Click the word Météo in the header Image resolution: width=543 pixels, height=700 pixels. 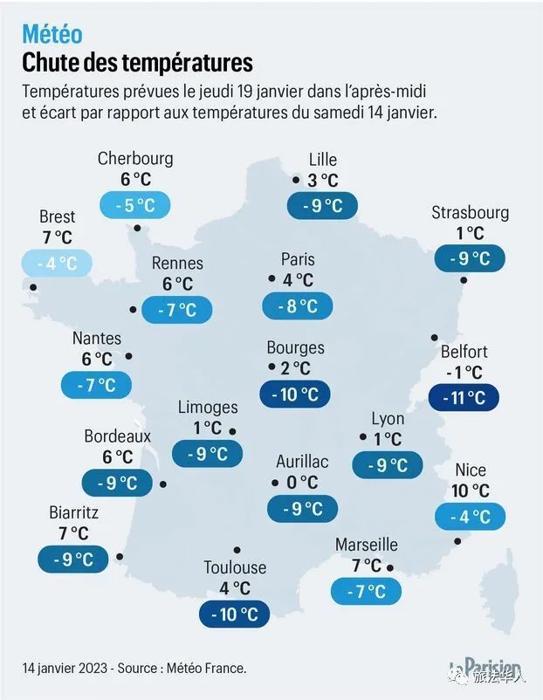point(52,34)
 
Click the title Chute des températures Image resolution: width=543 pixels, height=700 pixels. point(137,63)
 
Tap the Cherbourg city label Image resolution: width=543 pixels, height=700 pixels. point(135,158)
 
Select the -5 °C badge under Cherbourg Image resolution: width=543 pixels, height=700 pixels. point(134,206)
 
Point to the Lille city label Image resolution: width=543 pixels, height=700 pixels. point(322,159)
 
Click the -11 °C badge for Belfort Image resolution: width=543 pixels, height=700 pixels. point(464,398)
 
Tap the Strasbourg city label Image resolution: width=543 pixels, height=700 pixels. point(470,212)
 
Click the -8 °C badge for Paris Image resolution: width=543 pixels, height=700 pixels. point(297,305)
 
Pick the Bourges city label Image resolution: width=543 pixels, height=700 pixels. point(295,347)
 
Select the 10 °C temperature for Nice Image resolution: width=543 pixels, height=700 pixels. point(470,491)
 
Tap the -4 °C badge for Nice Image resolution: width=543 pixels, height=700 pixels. point(470,516)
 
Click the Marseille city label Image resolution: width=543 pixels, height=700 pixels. point(366,545)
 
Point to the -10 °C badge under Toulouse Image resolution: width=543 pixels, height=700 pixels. point(234,614)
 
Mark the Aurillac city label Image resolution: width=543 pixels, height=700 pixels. point(302,461)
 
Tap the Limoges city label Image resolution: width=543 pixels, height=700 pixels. point(208,407)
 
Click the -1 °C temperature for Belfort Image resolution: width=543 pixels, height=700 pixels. point(463,373)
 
